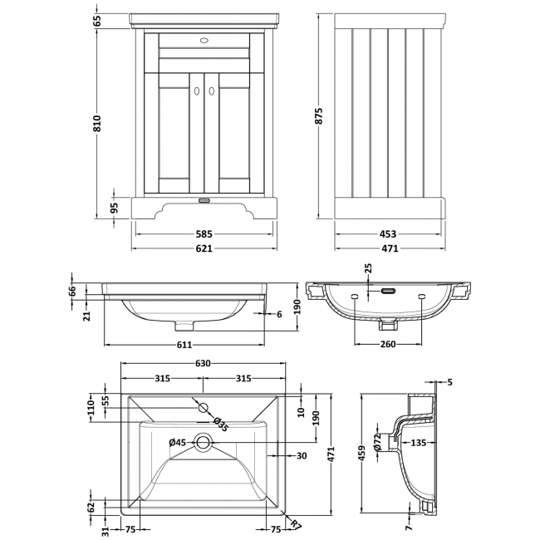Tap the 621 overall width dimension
[x=204, y=248]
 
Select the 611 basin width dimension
[x=184, y=345]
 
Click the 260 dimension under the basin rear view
[x=388, y=345]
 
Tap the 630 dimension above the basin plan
[x=204, y=364]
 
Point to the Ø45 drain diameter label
[x=177, y=442]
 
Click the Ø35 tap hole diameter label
[x=219, y=423]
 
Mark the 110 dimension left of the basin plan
[x=91, y=408]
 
